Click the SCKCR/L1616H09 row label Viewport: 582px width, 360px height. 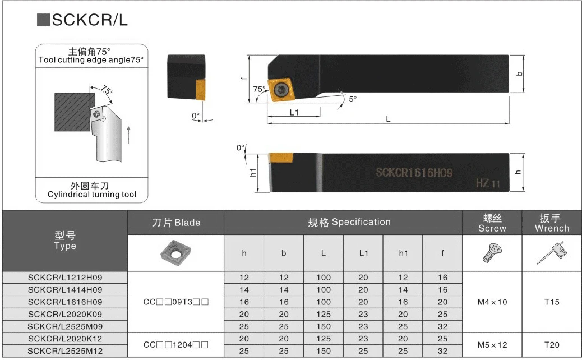click(x=65, y=302)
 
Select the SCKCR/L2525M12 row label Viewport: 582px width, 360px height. click(x=65, y=351)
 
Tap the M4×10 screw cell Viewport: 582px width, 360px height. click(x=492, y=302)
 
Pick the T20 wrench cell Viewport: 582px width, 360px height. click(x=552, y=345)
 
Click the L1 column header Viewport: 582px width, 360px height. click(x=363, y=253)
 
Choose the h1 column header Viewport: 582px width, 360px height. click(x=403, y=253)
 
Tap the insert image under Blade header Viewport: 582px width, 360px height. click(x=175, y=252)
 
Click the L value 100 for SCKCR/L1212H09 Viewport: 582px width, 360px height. click(x=324, y=278)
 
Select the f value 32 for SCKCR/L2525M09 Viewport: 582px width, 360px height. click(x=442, y=326)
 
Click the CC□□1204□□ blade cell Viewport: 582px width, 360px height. click(x=175, y=345)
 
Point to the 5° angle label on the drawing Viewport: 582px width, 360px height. click(x=352, y=99)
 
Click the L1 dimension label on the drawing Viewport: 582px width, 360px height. click(x=294, y=112)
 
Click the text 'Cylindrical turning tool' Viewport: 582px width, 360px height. click(x=91, y=195)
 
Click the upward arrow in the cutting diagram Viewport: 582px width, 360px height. click(x=128, y=135)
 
